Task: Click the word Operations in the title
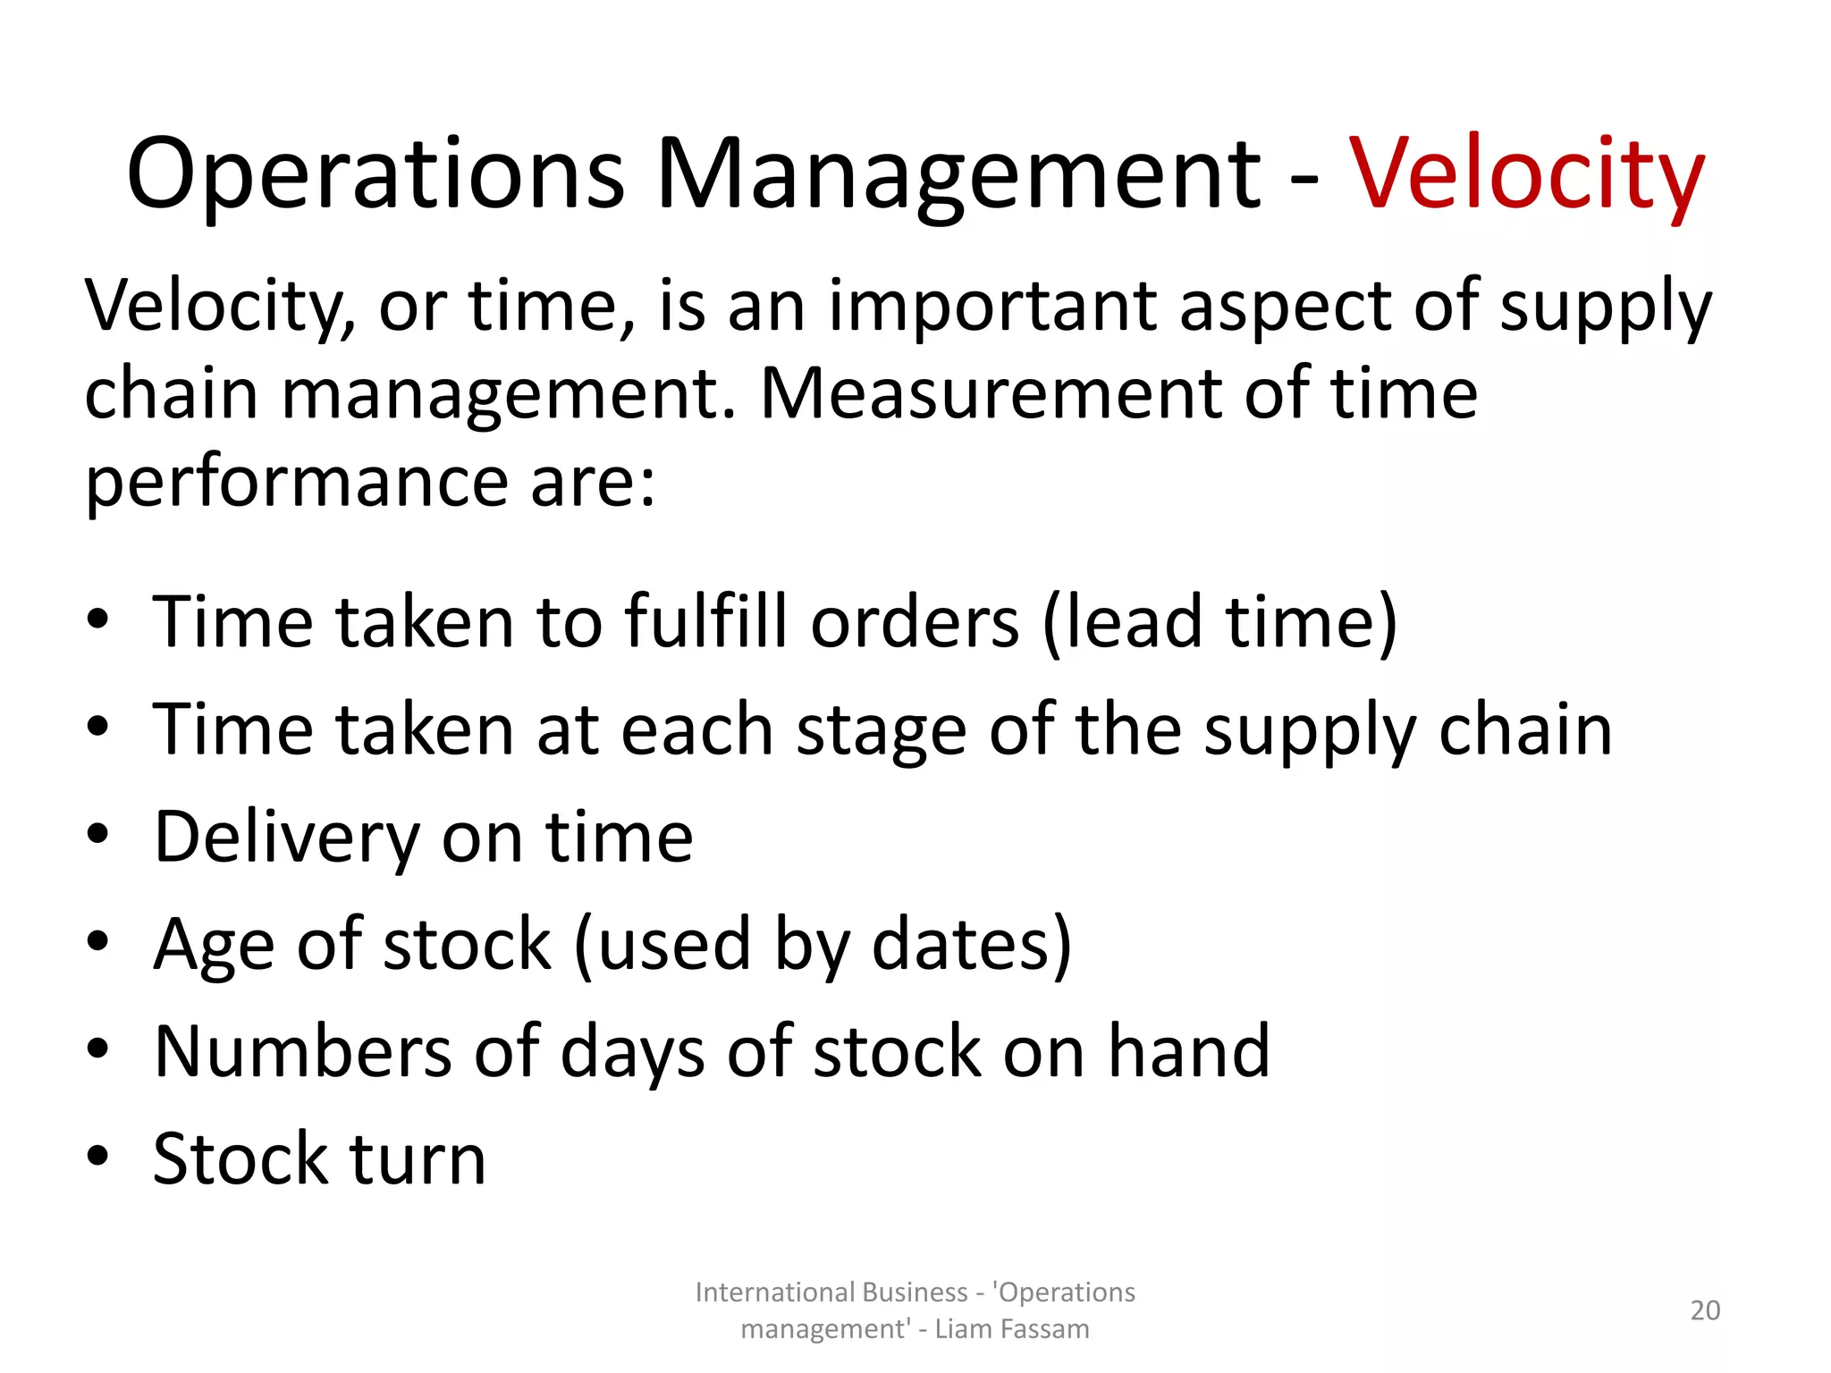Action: click(x=375, y=174)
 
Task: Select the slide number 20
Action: click(x=1705, y=1310)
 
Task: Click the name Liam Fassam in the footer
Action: click(x=1012, y=1329)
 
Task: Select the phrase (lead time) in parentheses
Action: click(x=1219, y=621)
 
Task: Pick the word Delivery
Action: click(x=286, y=838)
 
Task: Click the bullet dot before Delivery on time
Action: click(x=98, y=834)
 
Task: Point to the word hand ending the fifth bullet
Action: click(x=1189, y=1051)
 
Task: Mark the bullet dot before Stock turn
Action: click(x=98, y=1156)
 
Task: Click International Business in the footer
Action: click(x=831, y=1293)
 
